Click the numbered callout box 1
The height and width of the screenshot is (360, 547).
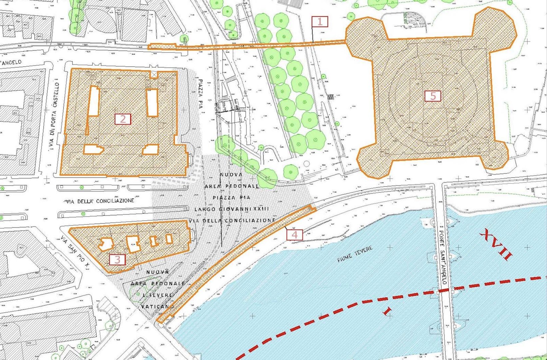tap(320, 22)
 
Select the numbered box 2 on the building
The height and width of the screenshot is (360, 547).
tap(123, 119)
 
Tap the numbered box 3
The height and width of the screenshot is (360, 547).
tap(117, 259)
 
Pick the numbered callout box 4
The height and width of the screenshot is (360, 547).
tap(294, 235)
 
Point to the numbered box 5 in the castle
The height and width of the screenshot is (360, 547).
tap(433, 96)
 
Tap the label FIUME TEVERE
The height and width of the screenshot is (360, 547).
tap(354, 254)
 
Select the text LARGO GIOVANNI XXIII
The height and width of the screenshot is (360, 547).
tap(232, 209)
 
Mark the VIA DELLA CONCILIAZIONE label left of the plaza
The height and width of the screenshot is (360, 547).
tap(100, 201)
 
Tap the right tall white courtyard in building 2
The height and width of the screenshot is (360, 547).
tap(152, 102)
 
